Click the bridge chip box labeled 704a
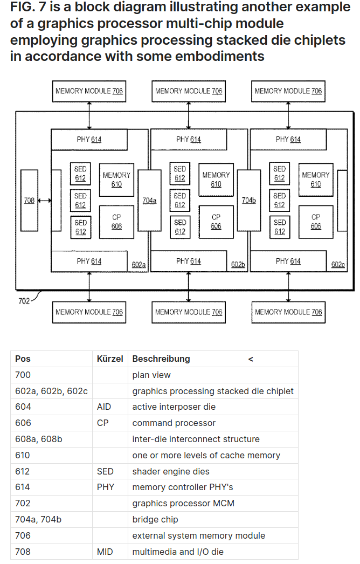pyautogui.click(x=149, y=200)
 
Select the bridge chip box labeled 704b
pyautogui.click(x=249, y=200)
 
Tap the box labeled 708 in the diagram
pyautogui.click(x=30, y=201)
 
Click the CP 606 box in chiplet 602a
pyautogui.click(x=116, y=222)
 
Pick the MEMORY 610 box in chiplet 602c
pyautogui.click(x=316, y=180)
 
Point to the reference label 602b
pyautogui.click(x=238, y=265)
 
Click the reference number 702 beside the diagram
pyautogui.click(x=24, y=301)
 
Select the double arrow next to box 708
pyautogui.click(x=45, y=201)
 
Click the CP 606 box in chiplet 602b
pyautogui.click(x=216, y=222)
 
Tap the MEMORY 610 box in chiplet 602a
pyautogui.click(x=116, y=180)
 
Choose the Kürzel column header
pyautogui.click(x=110, y=359)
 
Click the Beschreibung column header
pyautogui.click(x=161, y=359)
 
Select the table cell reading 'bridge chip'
pyautogui.click(x=155, y=519)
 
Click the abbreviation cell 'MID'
pyautogui.click(x=105, y=552)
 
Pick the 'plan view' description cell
pyautogui.click(x=151, y=375)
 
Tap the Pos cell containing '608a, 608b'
pyautogui.click(x=39, y=439)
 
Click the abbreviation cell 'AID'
pyautogui.click(x=104, y=407)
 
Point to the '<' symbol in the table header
pyautogui.click(x=251, y=359)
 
